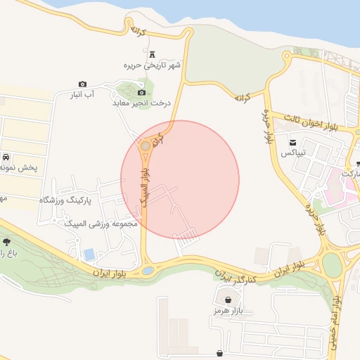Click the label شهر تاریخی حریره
[x=153, y=65]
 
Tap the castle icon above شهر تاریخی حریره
[x=153, y=54]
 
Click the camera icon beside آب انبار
[x=82, y=84]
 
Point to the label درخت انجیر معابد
[x=142, y=103]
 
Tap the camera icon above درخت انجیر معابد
[x=142, y=93]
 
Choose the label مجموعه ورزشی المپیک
[x=103, y=224]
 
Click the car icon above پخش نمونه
[x=6, y=157]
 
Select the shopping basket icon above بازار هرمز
[x=229, y=300]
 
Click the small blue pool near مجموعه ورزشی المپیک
[x=89, y=254]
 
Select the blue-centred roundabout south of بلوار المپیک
[x=148, y=270]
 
